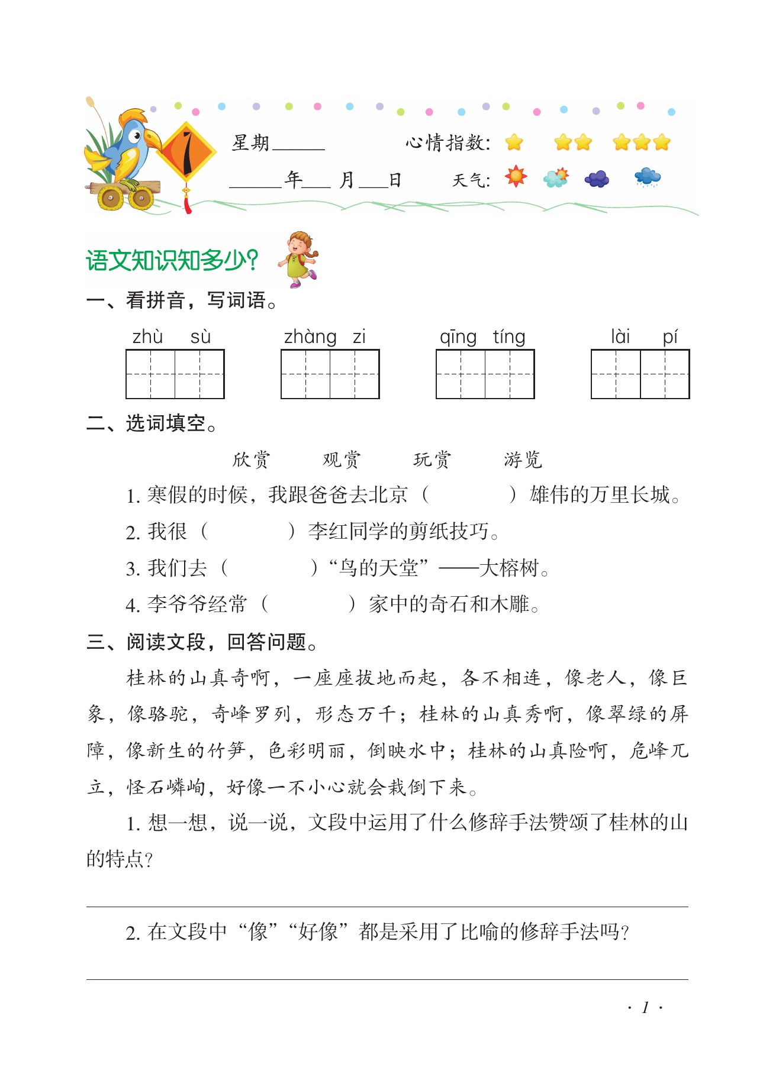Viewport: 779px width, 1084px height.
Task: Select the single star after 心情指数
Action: point(514,143)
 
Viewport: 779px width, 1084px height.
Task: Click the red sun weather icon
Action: point(516,177)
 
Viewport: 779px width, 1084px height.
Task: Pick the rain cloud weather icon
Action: point(647,177)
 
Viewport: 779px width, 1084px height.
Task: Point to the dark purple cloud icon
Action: point(597,178)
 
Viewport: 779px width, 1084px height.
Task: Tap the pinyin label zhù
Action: point(147,336)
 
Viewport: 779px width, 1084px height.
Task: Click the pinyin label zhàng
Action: point(310,336)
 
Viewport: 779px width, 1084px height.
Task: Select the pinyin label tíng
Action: point(509,336)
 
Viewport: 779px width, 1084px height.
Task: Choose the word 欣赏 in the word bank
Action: point(251,460)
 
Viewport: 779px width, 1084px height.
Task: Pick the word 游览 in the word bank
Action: point(523,460)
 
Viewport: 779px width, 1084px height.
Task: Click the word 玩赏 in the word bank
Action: point(432,460)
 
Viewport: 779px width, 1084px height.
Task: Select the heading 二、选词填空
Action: point(152,423)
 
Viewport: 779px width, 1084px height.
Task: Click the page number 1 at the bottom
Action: point(645,1007)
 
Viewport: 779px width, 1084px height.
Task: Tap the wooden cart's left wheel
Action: point(110,198)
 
